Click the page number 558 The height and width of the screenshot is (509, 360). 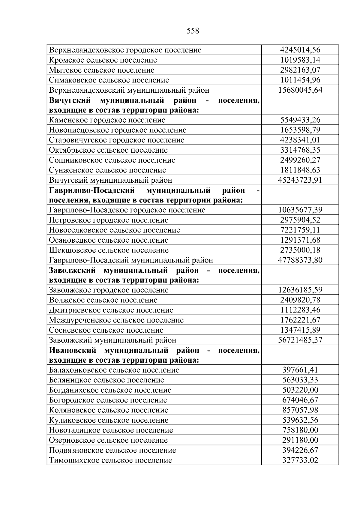(193, 31)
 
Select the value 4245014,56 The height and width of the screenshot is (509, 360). (300, 50)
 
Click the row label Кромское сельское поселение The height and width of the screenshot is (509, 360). (103, 60)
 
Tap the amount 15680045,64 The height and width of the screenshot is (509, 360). (300, 90)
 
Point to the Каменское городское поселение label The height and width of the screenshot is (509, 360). (107, 120)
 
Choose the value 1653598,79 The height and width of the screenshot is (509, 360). (300, 130)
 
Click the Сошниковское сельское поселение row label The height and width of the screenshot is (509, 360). (112, 160)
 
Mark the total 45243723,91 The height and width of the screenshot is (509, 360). (300, 180)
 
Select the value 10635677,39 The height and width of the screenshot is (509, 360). (300, 210)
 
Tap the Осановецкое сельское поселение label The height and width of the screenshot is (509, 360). (109, 240)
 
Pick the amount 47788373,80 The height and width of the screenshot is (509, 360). (300, 260)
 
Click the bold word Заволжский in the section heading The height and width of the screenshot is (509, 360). (72, 270)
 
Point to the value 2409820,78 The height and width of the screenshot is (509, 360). (300, 300)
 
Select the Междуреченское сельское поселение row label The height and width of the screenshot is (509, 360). (116, 320)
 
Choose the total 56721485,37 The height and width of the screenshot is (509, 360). (300, 340)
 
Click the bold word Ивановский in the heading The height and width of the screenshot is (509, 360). (73, 350)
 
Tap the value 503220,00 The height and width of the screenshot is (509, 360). (300, 390)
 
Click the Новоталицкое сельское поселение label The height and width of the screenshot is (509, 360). (111, 430)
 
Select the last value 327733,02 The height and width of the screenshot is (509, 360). (300, 460)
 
